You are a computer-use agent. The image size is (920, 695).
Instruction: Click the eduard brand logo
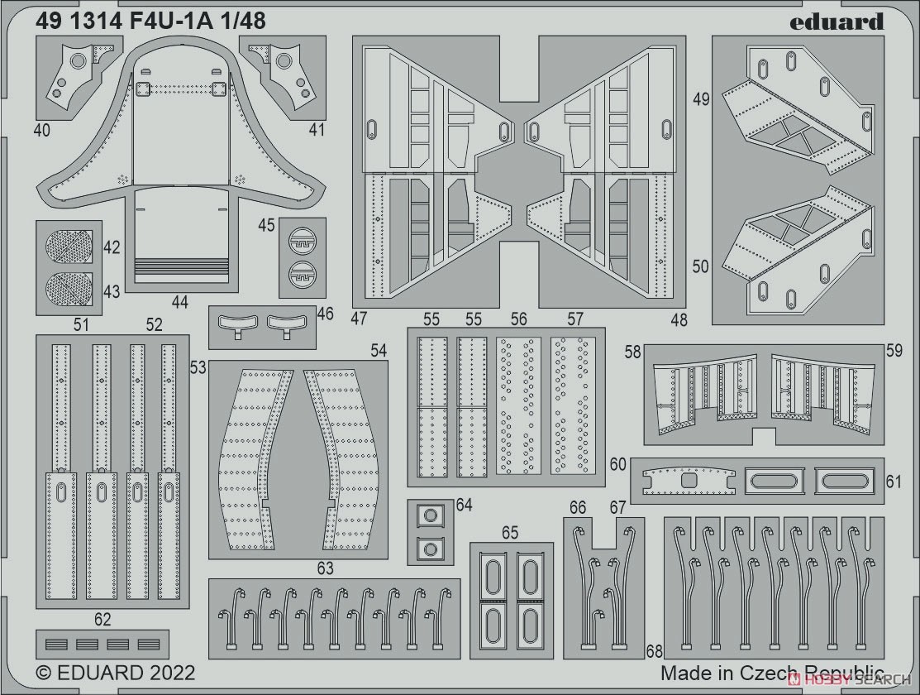click(x=836, y=22)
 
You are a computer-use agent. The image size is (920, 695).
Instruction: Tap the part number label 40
click(x=41, y=129)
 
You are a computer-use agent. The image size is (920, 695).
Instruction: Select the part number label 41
click(x=317, y=129)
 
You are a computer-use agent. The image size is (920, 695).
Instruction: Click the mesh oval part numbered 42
click(x=69, y=247)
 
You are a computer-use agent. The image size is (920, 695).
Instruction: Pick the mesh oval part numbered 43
click(x=69, y=289)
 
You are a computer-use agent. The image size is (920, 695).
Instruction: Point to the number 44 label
click(x=180, y=302)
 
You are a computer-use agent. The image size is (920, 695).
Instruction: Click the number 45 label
click(x=266, y=225)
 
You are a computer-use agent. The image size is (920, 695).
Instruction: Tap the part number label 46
click(x=325, y=314)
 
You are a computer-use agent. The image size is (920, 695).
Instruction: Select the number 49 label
click(x=701, y=99)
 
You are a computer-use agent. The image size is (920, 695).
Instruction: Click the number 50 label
click(x=701, y=266)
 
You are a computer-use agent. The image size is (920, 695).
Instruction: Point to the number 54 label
click(x=379, y=351)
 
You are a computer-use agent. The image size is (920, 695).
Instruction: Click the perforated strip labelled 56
click(x=518, y=406)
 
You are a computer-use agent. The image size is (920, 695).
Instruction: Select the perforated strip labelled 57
click(x=573, y=406)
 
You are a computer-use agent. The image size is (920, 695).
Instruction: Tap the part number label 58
click(x=632, y=352)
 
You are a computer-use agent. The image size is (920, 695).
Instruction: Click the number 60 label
click(x=617, y=464)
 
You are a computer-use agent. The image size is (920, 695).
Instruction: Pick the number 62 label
click(x=102, y=620)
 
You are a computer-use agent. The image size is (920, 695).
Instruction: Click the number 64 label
click(x=464, y=505)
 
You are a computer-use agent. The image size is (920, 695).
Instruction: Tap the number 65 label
click(x=510, y=532)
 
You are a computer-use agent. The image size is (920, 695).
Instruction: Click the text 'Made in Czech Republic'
click(x=772, y=673)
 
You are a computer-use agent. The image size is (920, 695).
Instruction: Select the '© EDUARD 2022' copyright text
click(x=116, y=672)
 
